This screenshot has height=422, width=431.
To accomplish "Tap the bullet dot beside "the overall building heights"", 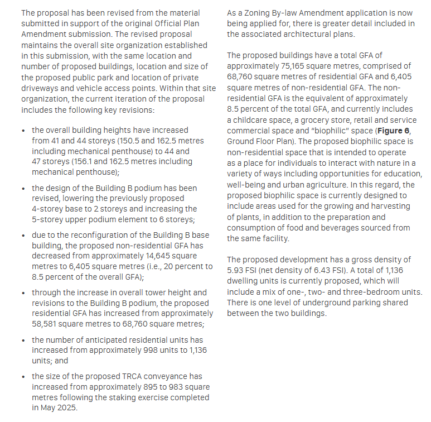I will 23,130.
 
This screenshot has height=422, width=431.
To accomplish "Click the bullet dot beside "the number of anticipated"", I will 23,340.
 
